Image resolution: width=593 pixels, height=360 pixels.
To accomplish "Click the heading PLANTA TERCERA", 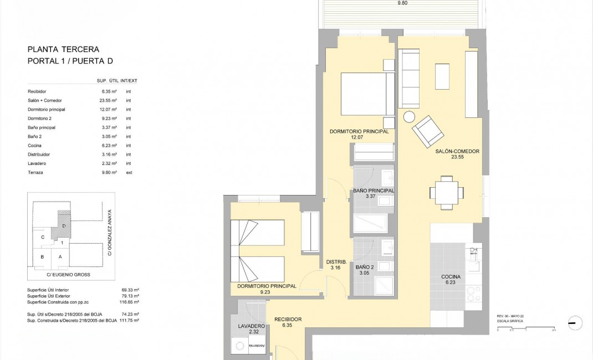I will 63,49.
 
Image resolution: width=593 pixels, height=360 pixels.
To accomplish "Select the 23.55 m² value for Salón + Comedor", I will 109,100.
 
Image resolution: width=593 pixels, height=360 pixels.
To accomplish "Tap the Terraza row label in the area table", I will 35,173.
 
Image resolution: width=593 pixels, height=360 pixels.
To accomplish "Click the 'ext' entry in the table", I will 129,173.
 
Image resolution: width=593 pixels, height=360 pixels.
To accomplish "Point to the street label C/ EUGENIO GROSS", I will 68,274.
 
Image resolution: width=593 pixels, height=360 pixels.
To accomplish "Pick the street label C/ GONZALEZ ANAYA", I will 110,232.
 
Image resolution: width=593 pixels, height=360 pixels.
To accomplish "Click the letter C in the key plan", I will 43,237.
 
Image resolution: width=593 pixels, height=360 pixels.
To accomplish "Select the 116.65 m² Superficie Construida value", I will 130,302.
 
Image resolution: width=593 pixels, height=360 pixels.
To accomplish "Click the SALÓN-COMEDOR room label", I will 457,151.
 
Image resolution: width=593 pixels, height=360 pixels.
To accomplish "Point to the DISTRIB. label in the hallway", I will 336,262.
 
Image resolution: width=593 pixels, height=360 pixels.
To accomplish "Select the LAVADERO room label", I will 248,326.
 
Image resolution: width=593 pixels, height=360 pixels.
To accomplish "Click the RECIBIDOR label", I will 288,320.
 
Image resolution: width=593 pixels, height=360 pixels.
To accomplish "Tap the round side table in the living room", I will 409,117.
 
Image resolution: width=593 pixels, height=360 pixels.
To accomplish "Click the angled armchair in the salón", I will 428,131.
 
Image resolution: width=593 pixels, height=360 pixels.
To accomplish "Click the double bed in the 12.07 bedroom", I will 364,95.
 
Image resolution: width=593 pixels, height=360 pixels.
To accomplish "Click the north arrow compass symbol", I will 575,323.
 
